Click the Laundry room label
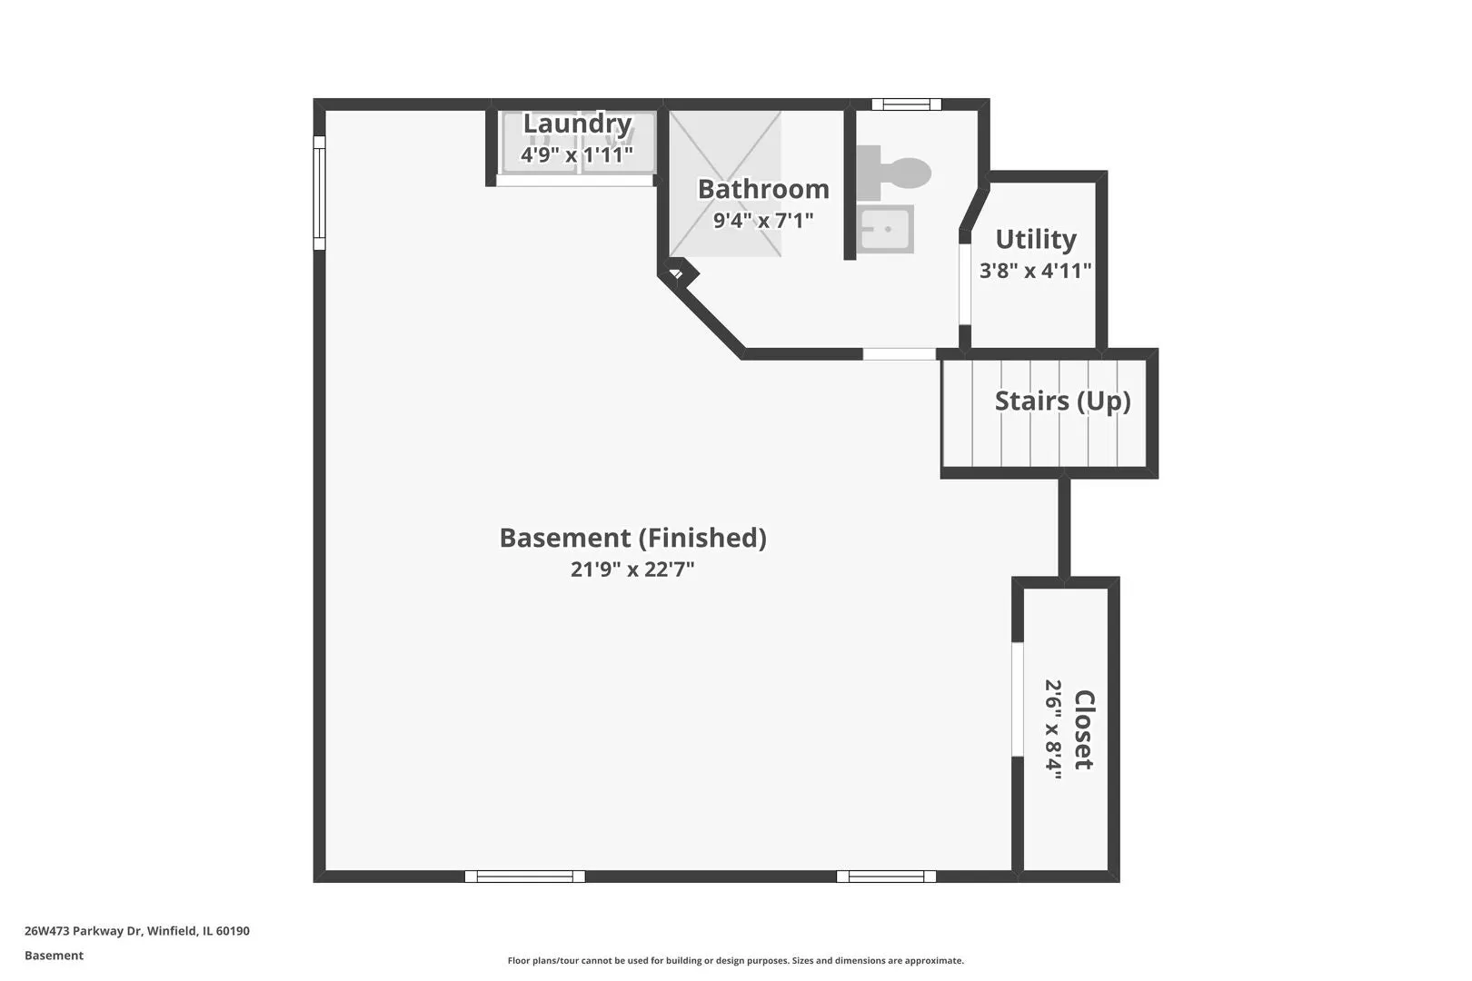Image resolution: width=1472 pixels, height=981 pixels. coord(577,124)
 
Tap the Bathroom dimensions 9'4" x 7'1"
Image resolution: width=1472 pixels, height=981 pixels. coord(763,220)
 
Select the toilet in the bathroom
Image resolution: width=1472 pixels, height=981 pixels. coord(893,173)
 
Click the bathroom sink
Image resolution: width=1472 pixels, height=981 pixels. coord(884,229)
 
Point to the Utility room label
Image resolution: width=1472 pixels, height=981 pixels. coord(1036,239)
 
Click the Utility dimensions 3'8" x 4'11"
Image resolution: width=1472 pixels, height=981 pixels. coord(1035,270)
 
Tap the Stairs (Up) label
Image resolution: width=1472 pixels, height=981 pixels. coord(1062,401)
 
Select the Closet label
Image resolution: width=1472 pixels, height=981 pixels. coord(1084,729)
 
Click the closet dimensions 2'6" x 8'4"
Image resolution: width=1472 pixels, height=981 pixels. coord(1053,729)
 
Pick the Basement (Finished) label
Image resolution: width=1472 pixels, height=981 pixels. coord(632,538)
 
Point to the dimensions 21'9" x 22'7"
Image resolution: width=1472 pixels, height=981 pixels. coord(632,569)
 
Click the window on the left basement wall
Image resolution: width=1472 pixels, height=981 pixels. coord(319,193)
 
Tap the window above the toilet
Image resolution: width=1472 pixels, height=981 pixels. coord(907,104)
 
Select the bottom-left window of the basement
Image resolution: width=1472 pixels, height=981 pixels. coord(524,876)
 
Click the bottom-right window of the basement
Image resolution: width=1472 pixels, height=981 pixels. coord(886,876)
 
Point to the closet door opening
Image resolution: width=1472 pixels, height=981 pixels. coord(1018,699)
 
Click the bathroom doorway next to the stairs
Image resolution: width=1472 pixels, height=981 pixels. coord(899,354)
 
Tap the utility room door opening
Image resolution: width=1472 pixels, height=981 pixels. coord(965,283)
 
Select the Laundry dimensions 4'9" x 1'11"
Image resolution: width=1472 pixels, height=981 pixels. coord(577,155)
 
